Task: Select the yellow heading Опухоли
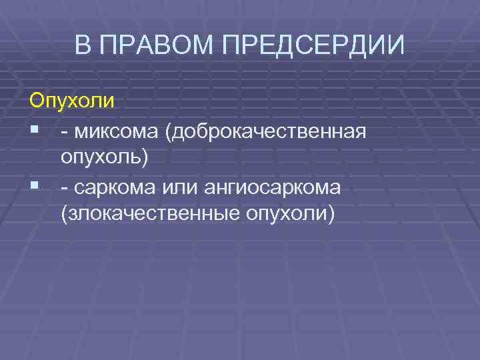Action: pos(72,102)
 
